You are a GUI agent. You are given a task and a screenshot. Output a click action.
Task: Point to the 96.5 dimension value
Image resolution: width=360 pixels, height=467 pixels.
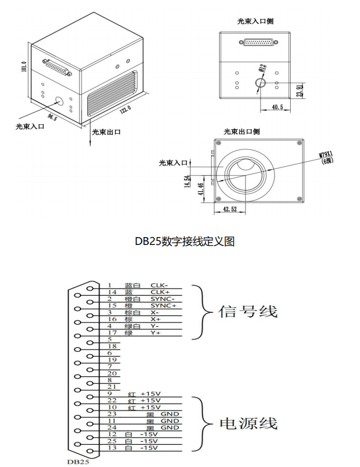(53, 117)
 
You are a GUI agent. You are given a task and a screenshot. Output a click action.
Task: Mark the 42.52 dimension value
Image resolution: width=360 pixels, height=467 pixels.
(230, 210)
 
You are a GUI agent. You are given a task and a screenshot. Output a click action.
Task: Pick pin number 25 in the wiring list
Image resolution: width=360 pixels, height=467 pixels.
(111, 441)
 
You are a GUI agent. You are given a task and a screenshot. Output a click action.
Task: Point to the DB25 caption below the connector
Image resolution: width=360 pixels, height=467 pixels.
(77, 462)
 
